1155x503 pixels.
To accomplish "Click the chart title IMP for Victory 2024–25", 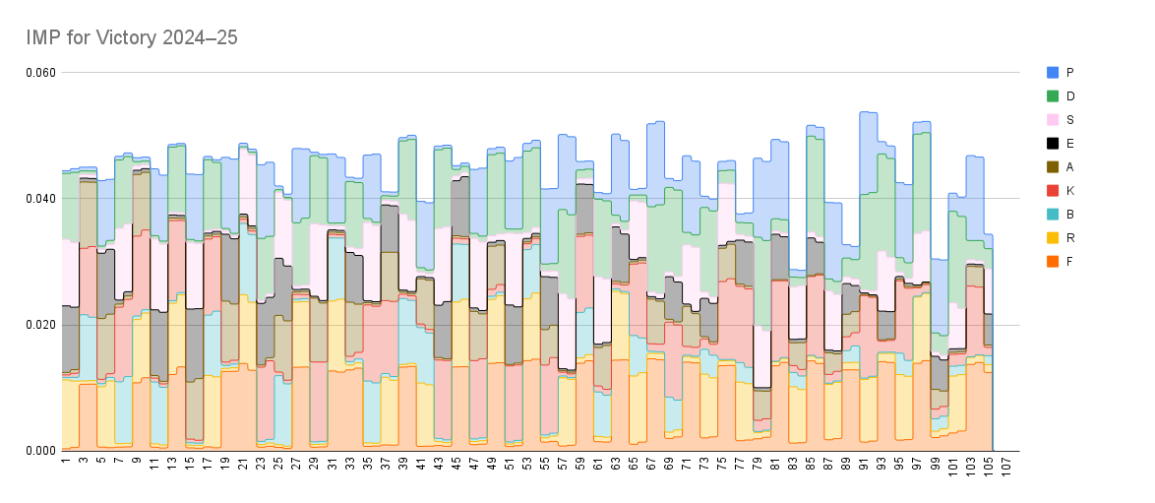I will click(132, 37).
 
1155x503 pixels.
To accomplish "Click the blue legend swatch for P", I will click(1053, 73).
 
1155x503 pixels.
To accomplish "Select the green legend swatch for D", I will click(1053, 96).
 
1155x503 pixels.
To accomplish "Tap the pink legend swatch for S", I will click(1053, 120).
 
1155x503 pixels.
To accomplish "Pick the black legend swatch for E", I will click(1053, 144).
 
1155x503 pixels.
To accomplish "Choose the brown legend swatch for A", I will click(1053, 167).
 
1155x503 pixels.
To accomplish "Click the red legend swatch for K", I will click(1053, 191).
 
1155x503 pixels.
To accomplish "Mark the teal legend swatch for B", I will click(1053, 215).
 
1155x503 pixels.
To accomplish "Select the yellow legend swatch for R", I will click(1053, 238).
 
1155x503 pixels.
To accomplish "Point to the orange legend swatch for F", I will click(1053, 262).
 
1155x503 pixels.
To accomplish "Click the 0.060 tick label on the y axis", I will click(40, 73).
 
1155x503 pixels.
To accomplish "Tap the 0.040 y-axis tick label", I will click(40, 199).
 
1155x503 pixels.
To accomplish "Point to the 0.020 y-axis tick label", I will click(40, 325).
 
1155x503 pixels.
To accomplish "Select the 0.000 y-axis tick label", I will click(40, 451).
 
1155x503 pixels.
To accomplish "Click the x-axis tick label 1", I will click(65, 460).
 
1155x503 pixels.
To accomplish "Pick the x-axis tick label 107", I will click(1004, 465).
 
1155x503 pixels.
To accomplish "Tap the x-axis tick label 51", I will click(509, 463).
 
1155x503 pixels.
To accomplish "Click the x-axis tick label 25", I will click(278, 463).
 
